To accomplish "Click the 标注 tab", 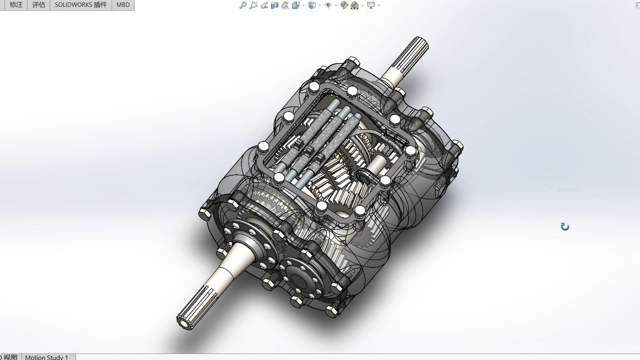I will [x=16, y=5].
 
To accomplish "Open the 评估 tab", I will [x=38, y=5].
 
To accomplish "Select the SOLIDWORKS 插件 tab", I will [x=81, y=5].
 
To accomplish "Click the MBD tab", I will [x=123, y=5].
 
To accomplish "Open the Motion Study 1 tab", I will [x=47, y=357].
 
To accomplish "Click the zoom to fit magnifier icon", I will [x=243, y=5].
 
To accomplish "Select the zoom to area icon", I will [x=253, y=5].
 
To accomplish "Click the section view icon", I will [x=275, y=5].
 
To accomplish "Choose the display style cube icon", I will [x=312, y=5].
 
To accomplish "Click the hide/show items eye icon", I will [x=328, y=5].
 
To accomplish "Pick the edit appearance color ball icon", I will [x=344, y=5].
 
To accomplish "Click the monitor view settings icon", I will [x=371, y=5].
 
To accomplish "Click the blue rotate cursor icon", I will [x=565, y=227].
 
